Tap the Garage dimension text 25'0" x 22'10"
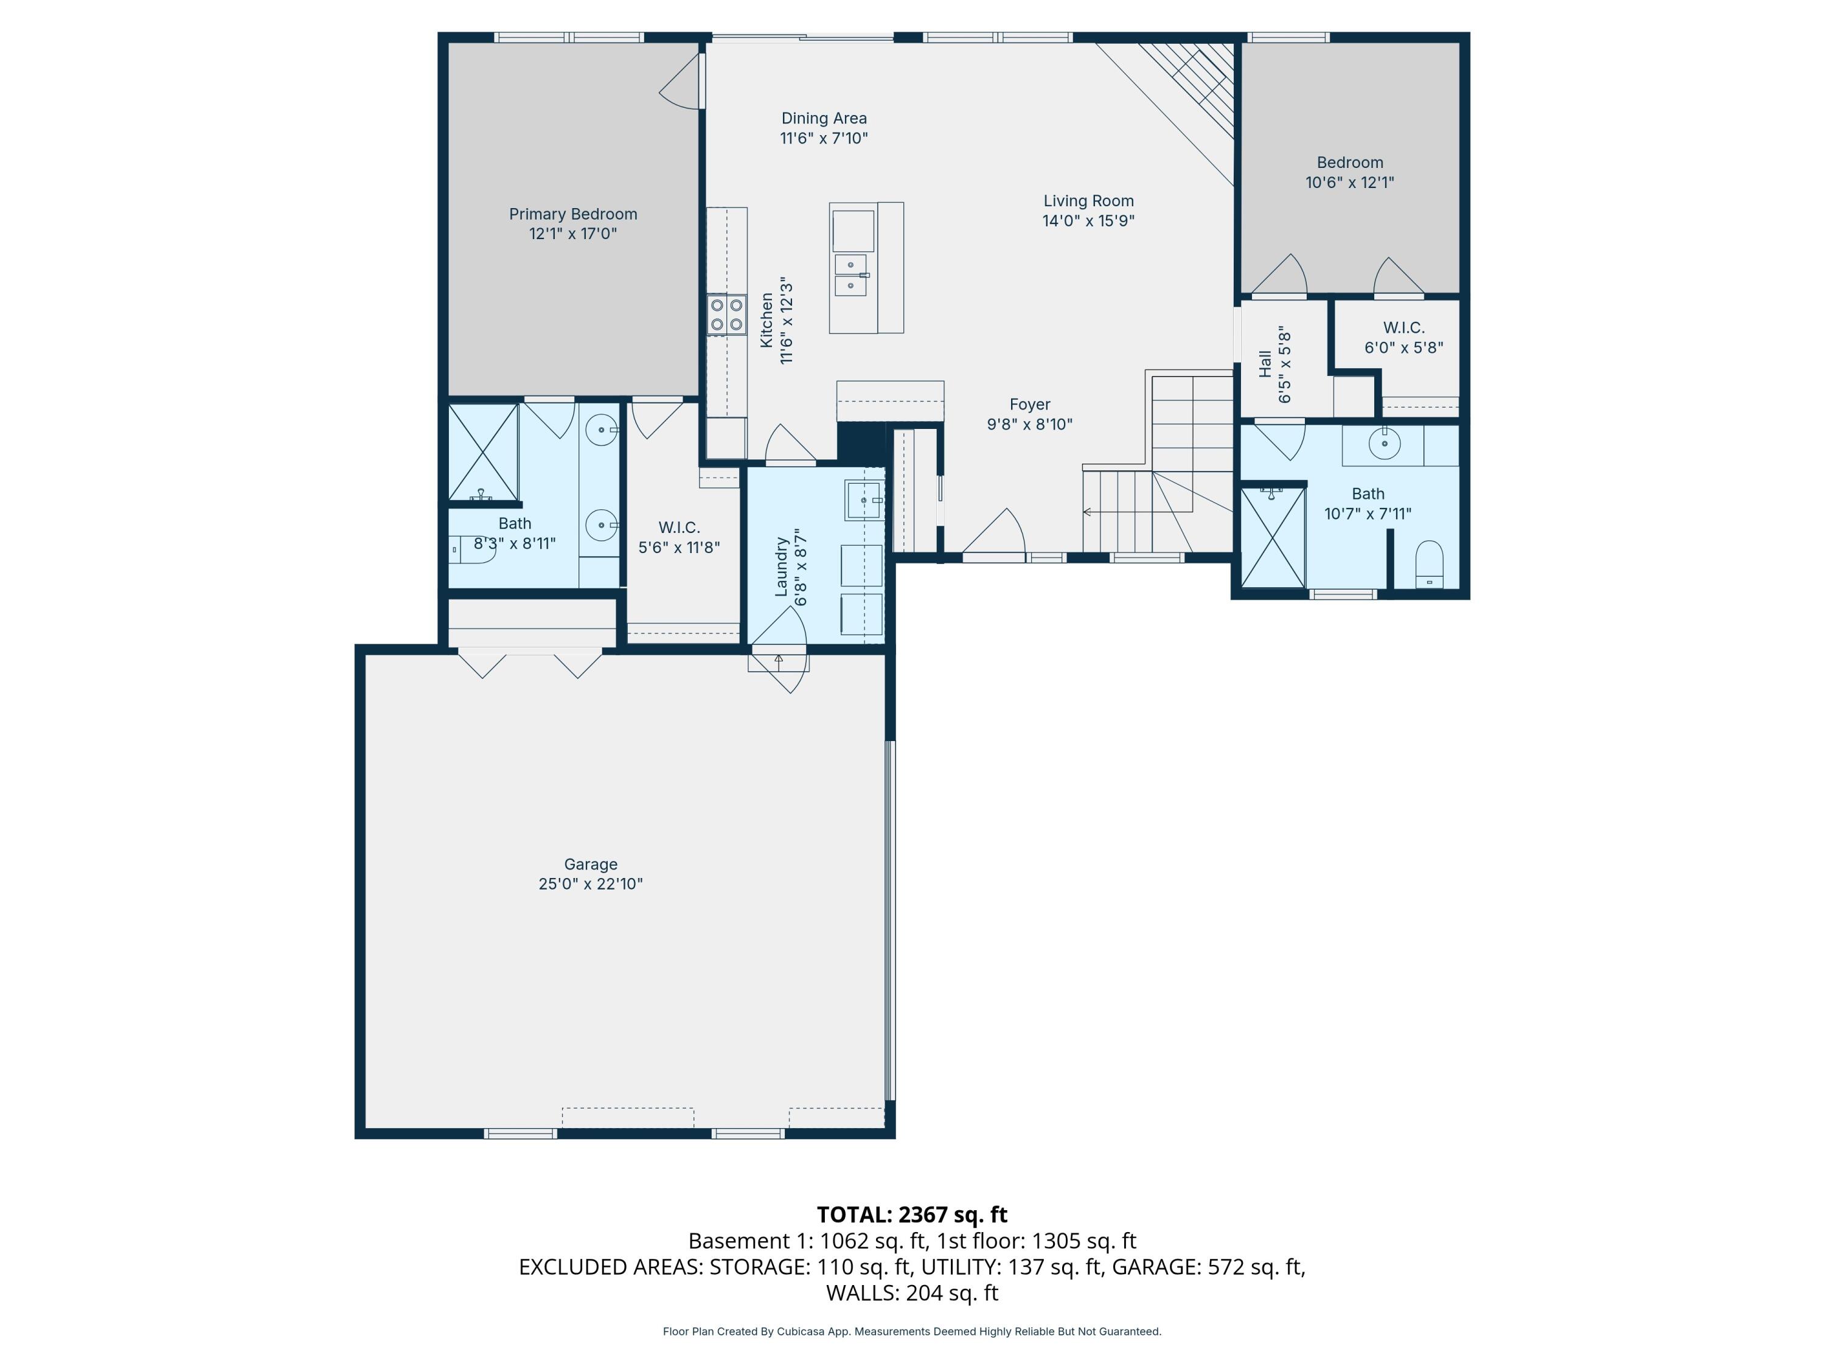(591, 884)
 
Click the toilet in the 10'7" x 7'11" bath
(1429, 565)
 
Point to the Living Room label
(1088, 201)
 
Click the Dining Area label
(824, 119)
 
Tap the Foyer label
(1030, 405)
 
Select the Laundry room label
(781, 567)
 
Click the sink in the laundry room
(864, 501)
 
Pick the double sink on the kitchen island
(850, 275)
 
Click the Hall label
(1265, 364)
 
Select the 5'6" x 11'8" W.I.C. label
(679, 528)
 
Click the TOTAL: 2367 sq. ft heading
(912, 1214)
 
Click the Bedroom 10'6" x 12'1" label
(1350, 162)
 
